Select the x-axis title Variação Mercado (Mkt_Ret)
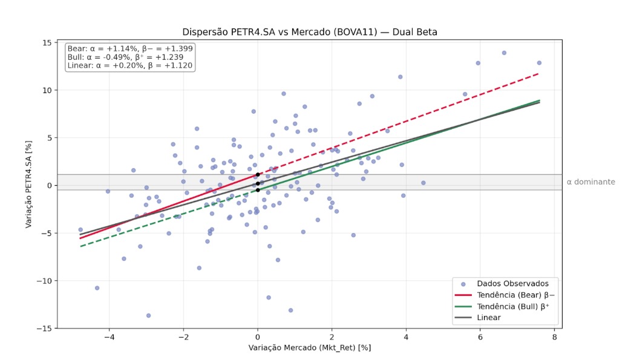(x=310, y=348)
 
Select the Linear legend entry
(x=489, y=318)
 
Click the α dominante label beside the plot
(x=590, y=182)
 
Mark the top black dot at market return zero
(x=258, y=174)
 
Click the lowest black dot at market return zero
(x=258, y=190)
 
